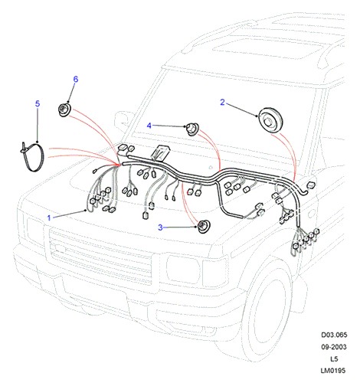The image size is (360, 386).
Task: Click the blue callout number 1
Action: point(49,218)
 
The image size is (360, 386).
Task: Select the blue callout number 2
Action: point(222,103)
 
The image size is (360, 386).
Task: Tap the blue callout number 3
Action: point(160,227)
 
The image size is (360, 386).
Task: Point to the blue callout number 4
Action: point(149,126)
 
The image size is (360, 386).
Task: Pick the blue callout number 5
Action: point(38,104)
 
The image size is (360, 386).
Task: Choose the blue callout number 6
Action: point(76,80)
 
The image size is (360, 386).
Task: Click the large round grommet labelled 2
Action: point(270,120)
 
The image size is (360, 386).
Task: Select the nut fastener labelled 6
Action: point(64,110)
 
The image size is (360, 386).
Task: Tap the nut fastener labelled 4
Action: point(191,129)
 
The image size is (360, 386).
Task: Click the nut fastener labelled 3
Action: point(204,226)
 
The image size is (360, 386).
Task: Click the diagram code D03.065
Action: point(334,335)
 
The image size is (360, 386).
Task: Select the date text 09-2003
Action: point(334,347)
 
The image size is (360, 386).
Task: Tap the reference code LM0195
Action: point(333,370)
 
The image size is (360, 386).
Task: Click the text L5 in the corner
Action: point(334,358)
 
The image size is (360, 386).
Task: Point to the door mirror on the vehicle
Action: point(122,120)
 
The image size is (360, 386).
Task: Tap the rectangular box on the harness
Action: point(159,153)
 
